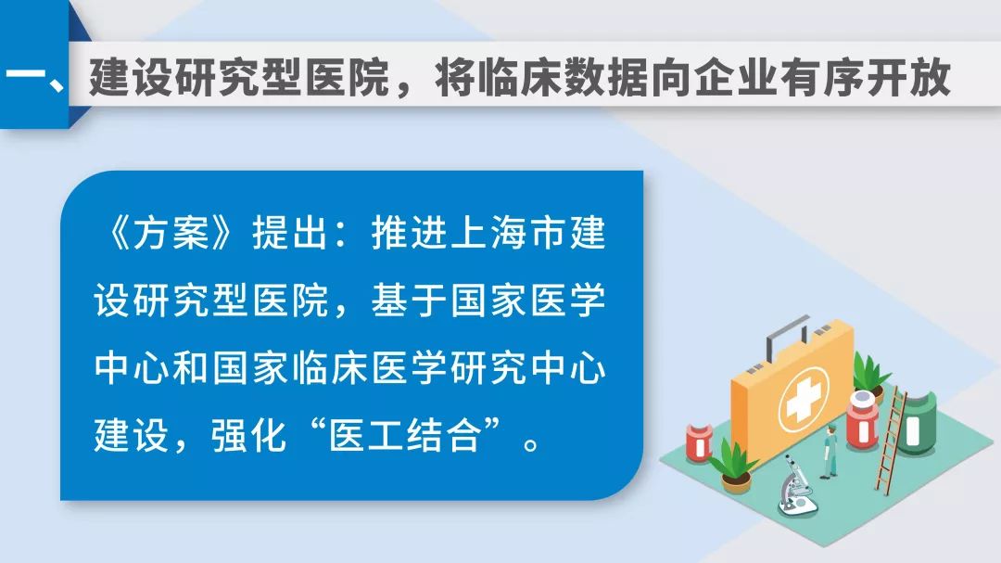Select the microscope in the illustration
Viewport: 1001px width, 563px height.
795,486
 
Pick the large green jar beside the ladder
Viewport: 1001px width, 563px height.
917,423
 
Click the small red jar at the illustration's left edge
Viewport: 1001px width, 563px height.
699,441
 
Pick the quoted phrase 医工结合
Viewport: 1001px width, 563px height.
405,436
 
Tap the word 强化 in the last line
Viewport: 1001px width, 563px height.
249,436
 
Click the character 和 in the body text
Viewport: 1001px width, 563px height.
190,368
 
